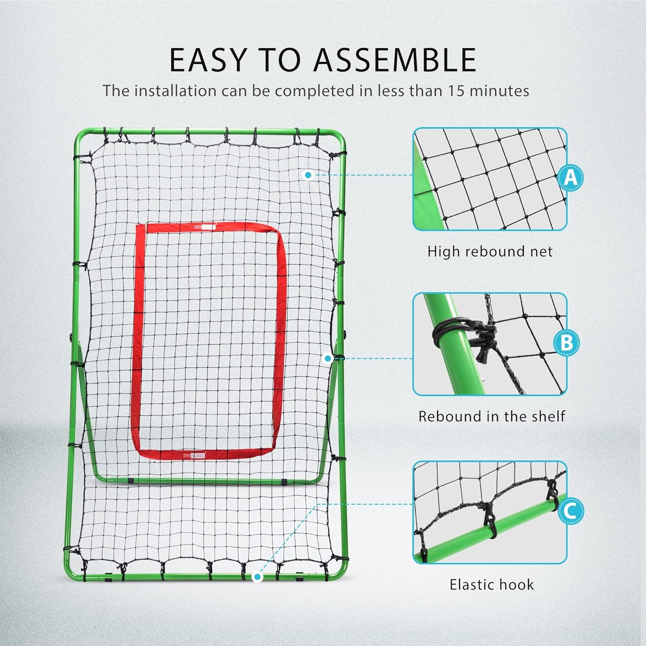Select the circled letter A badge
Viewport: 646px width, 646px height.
point(570,177)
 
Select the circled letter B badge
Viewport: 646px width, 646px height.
point(567,343)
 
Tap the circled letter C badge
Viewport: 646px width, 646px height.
point(570,511)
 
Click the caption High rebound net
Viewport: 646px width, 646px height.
point(490,252)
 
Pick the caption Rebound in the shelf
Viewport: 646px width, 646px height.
point(491,416)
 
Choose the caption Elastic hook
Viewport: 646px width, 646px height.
point(491,584)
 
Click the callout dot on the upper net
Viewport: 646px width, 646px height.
point(307,175)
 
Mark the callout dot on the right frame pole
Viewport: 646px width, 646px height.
point(328,358)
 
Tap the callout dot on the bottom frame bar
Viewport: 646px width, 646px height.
point(257,577)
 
